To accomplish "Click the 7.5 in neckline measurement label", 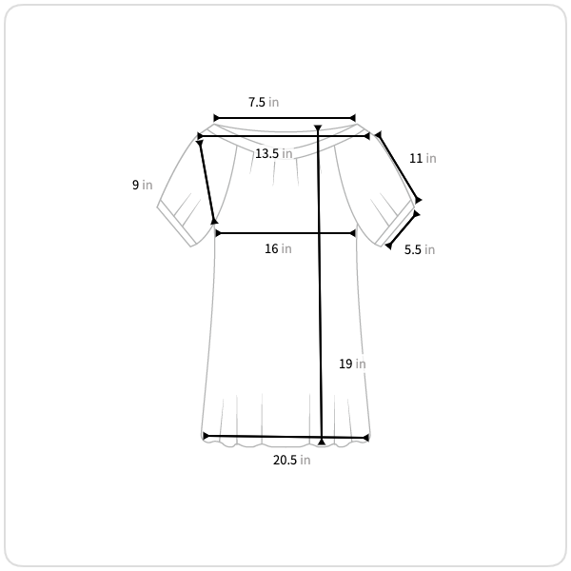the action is point(264,103).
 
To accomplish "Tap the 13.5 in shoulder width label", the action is point(273,153).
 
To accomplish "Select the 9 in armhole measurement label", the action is point(142,185).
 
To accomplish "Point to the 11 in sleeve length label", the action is point(423,158).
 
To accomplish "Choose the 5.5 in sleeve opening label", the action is point(420,249).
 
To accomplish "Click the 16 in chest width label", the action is point(278,248).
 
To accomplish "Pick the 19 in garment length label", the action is point(352,364).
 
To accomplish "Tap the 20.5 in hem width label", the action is point(292,461).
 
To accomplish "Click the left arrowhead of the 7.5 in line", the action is point(216,118).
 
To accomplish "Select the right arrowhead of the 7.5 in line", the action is point(352,118).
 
